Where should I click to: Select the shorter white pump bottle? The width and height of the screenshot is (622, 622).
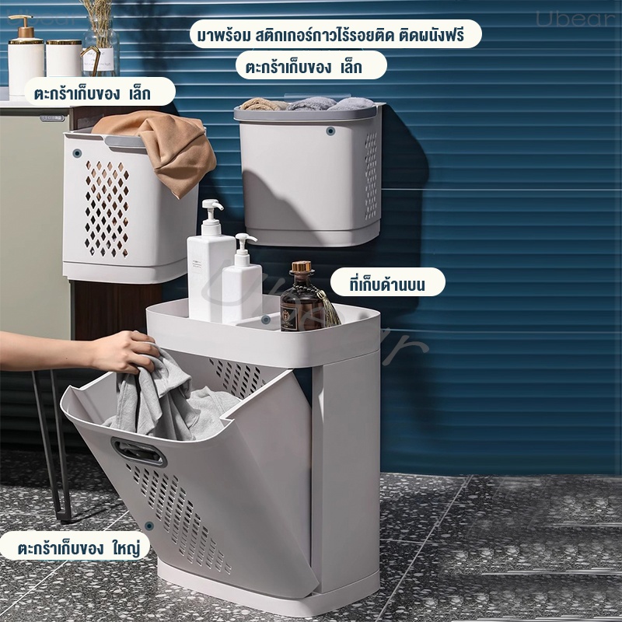tap(241, 281)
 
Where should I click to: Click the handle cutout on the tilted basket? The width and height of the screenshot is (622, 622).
tap(139, 453)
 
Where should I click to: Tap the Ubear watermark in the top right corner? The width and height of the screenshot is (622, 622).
tap(575, 19)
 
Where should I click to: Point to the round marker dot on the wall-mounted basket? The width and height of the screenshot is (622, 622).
tap(330, 131)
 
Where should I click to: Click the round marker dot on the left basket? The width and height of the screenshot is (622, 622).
tap(77, 153)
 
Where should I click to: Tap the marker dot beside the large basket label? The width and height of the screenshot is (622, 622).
tap(149, 526)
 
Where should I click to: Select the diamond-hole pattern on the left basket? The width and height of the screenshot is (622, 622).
tap(107, 208)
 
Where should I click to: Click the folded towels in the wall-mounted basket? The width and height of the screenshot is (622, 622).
tap(307, 104)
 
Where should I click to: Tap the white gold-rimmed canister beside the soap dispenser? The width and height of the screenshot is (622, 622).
tap(64, 58)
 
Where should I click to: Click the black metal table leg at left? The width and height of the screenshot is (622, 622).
tap(52, 444)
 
